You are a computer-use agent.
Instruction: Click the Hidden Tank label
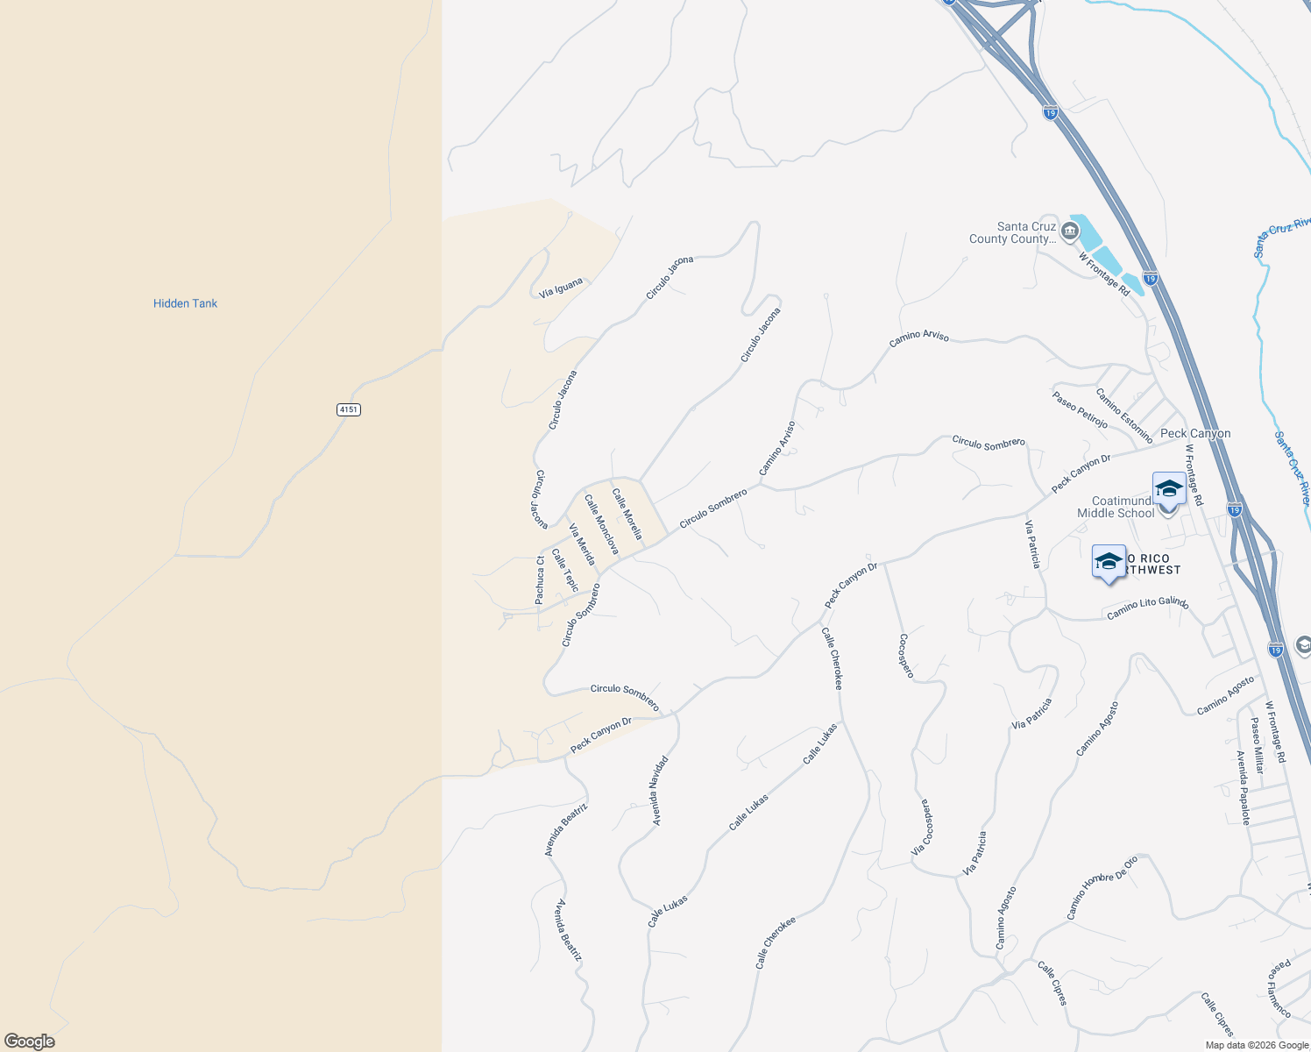pyautogui.click(x=185, y=303)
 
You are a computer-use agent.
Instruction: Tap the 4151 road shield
pyautogui.click(x=349, y=409)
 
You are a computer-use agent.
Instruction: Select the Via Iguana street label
pyautogui.click(x=561, y=288)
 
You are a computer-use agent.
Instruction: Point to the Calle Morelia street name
pyautogui.click(x=627, y=514)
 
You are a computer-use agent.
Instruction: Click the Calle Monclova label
pyautogui.click(x=602, y=524)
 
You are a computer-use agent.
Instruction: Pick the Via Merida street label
pyautogui.click(x=582, y=544)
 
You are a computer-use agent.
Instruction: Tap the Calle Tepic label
pyautogui.click(x=565, y=569)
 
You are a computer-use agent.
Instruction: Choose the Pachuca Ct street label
pyautogui.click(x=540, y=579)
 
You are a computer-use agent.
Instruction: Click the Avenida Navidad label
pyautogui.click(x=660, y=791)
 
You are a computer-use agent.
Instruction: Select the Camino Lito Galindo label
pyautogui.click(x=1147, y=608)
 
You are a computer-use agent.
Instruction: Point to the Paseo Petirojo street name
pyautogui.click(x=1080, y=409)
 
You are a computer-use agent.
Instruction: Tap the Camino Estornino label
pyautogui.click(x=1124, y=416)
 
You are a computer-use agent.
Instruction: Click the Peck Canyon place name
pyautogui.click(x=1195, y=434)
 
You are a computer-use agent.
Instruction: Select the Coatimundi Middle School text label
pyautogui.click(x=1116, y=508)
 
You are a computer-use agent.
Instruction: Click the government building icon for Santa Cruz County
pyautogui.click(x=1069, y=231)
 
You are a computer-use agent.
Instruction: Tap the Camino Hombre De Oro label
pyautogui.click(x=1102, y=887)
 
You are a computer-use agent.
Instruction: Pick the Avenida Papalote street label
pyautogui.click(x=1243, y=787)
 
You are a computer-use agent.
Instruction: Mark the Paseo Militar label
pyautogui.click(x=1257, y=744)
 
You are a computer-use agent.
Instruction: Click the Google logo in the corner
pyautogui.click(x=30, y=1041)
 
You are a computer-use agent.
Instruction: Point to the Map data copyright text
pyautogui.click(x=1257, y=1045)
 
